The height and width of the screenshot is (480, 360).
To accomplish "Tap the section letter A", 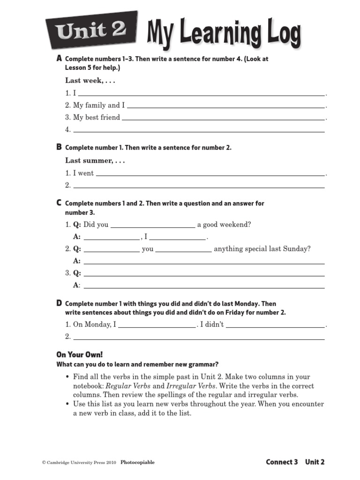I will (59, 59).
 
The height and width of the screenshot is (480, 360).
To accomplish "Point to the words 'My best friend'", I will (97, 117).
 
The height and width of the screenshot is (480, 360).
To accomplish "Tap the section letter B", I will (59, 147).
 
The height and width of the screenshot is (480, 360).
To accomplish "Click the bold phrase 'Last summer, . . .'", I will (95, 161).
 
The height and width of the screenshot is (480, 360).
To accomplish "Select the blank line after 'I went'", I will (210, 174).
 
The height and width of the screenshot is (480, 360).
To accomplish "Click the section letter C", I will (59, 203).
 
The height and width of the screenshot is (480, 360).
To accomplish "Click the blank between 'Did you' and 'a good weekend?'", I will (152, 226).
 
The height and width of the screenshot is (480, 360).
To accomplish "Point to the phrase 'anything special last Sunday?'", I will (262, 249).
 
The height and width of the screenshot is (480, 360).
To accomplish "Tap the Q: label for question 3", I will (77, 273).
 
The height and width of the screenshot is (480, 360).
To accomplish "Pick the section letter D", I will (59, 304).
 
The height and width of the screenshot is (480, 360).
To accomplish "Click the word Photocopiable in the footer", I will (137, 462).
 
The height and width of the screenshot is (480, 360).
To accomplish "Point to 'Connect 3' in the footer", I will (282, 462).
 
